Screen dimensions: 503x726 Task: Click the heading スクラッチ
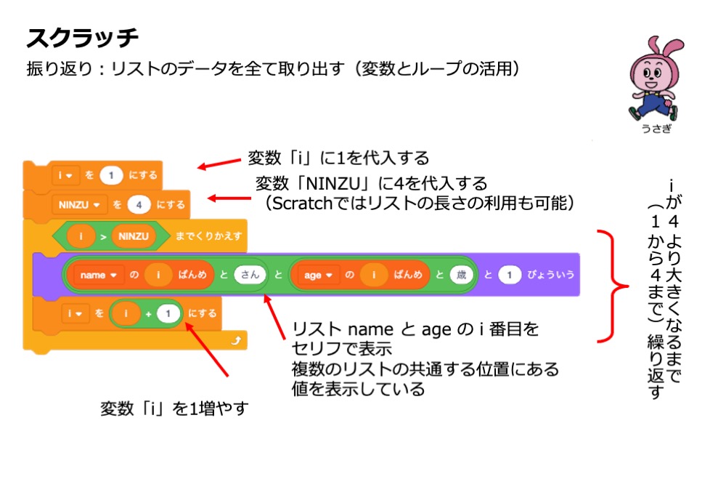82,37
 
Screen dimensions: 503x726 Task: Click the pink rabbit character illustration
653,81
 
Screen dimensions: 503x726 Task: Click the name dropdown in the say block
97,275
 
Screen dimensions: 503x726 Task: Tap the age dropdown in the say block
318,275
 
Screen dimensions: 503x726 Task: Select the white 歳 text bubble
460,275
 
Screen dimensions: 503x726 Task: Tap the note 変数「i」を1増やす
174,409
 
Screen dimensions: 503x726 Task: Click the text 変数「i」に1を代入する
338,158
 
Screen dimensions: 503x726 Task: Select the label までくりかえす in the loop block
208,236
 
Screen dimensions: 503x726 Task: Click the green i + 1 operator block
145,314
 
